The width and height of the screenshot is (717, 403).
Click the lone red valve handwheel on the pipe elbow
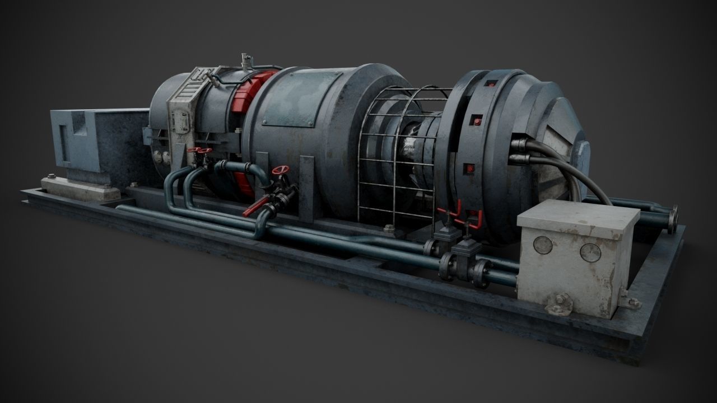coord(278,171)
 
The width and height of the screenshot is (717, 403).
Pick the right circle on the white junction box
coord(590,252)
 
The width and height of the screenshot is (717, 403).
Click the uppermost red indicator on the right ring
coord(491,83)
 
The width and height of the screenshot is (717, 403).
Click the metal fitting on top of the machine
coord(245,61)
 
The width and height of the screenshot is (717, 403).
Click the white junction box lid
coord(578,217)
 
